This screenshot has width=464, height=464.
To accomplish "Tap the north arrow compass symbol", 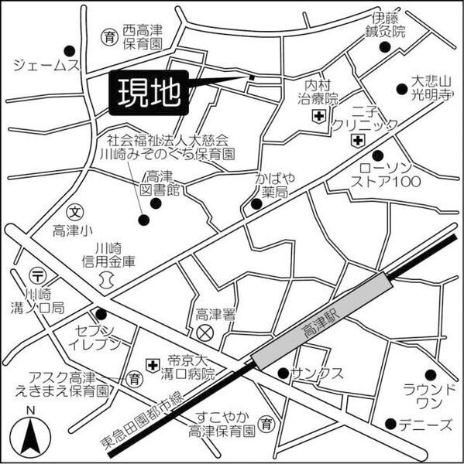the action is [x=30, y=433].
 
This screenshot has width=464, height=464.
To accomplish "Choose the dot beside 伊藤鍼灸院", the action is [x=384, y=47].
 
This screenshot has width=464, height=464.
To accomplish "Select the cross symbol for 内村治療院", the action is [x=318, y=117].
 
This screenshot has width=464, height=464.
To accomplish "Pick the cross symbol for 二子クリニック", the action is [x=356, y=141].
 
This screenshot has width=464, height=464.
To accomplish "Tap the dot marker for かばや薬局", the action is [x=256, y=205].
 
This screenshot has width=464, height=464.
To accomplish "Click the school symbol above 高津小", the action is [x=74, y=210].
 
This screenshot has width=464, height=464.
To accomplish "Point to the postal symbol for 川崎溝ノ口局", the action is [x=36, y=274].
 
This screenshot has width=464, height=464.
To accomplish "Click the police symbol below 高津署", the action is [x=205, y=333].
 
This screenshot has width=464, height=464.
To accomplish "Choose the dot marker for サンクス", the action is [x=283, y=372].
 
